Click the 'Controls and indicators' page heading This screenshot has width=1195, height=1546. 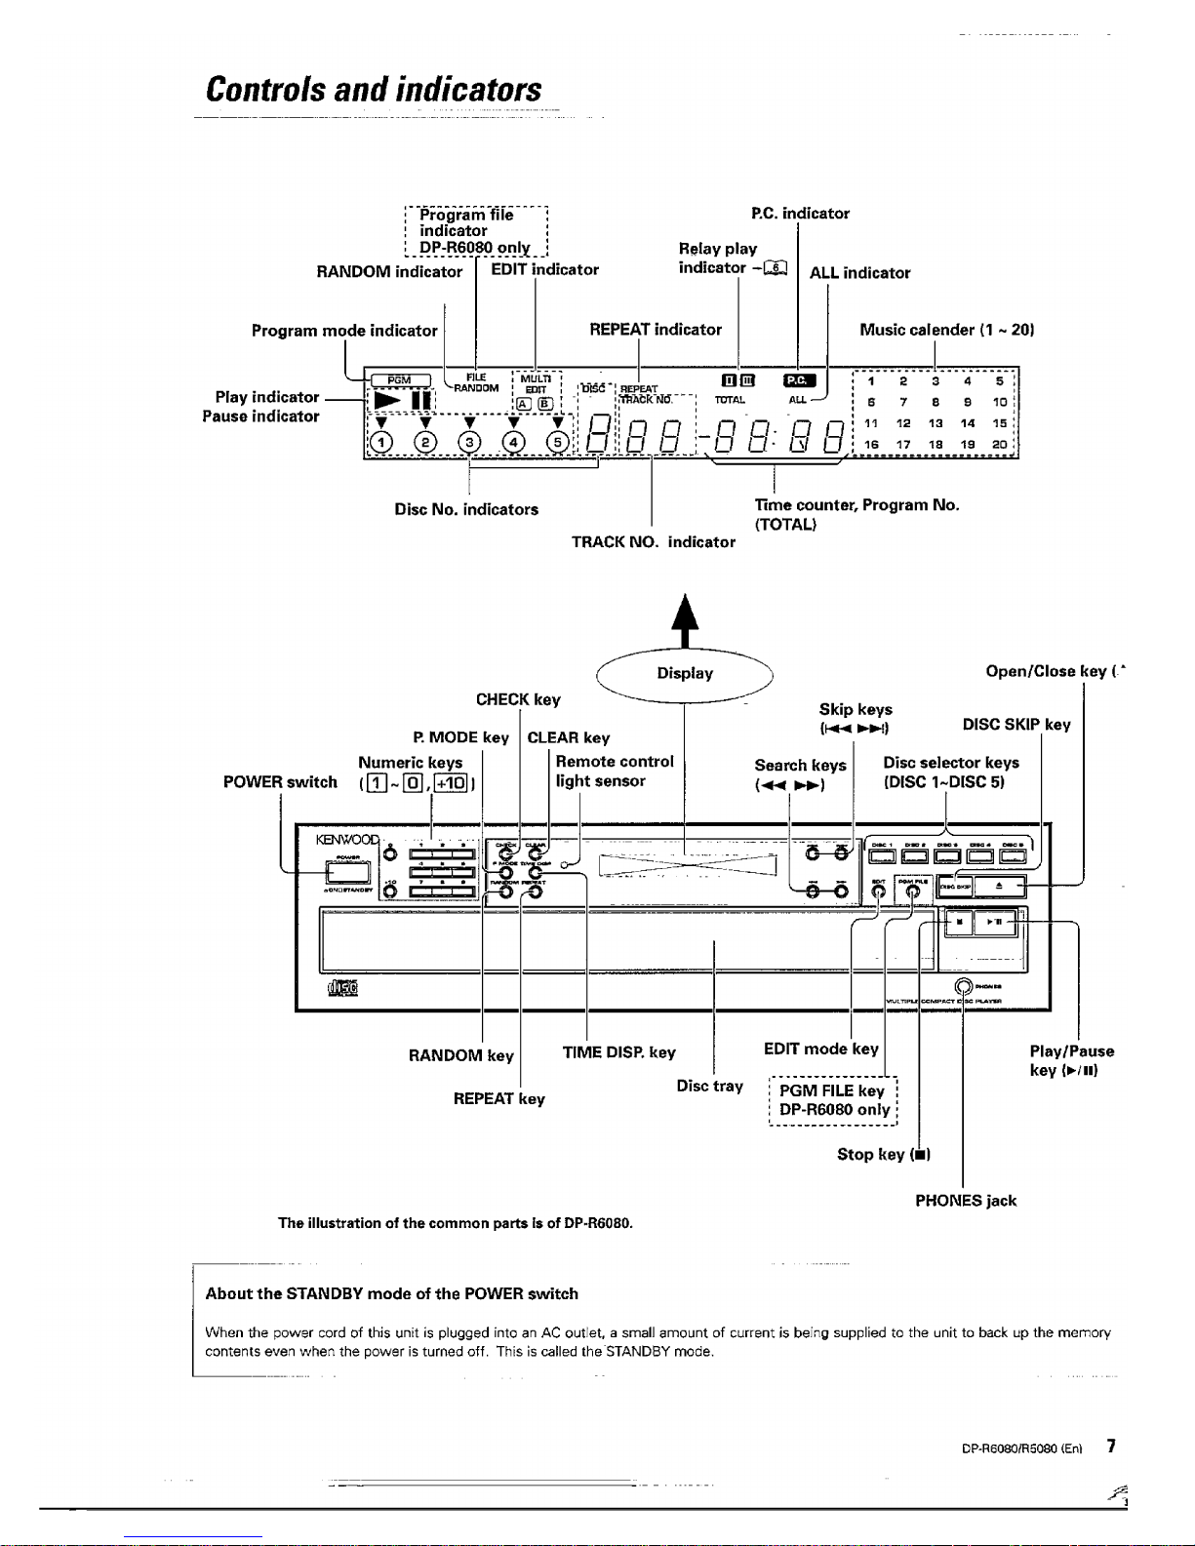point(374,90)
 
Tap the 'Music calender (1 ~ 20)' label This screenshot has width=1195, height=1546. point(945,330)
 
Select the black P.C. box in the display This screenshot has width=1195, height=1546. point(798,380)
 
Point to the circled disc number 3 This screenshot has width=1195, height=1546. point(470,442)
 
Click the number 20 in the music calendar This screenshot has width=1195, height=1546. point(999,444)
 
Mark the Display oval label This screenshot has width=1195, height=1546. point(685,673)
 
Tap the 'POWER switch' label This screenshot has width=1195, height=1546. point(280,782)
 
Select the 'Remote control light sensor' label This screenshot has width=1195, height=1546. point(614,771)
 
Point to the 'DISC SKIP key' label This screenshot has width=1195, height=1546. point(1016,725)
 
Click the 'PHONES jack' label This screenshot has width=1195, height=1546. point(965,1201)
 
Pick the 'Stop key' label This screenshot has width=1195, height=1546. point(883,1155)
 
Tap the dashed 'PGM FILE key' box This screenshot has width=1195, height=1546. point(833,1100)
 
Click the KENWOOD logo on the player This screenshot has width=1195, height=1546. point(345,839)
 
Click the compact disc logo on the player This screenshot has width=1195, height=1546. point(343,988)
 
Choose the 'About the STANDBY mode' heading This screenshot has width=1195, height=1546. point(391,1293)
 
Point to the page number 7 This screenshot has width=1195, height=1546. point(1111,1447)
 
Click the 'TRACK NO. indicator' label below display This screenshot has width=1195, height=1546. point(653,542)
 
